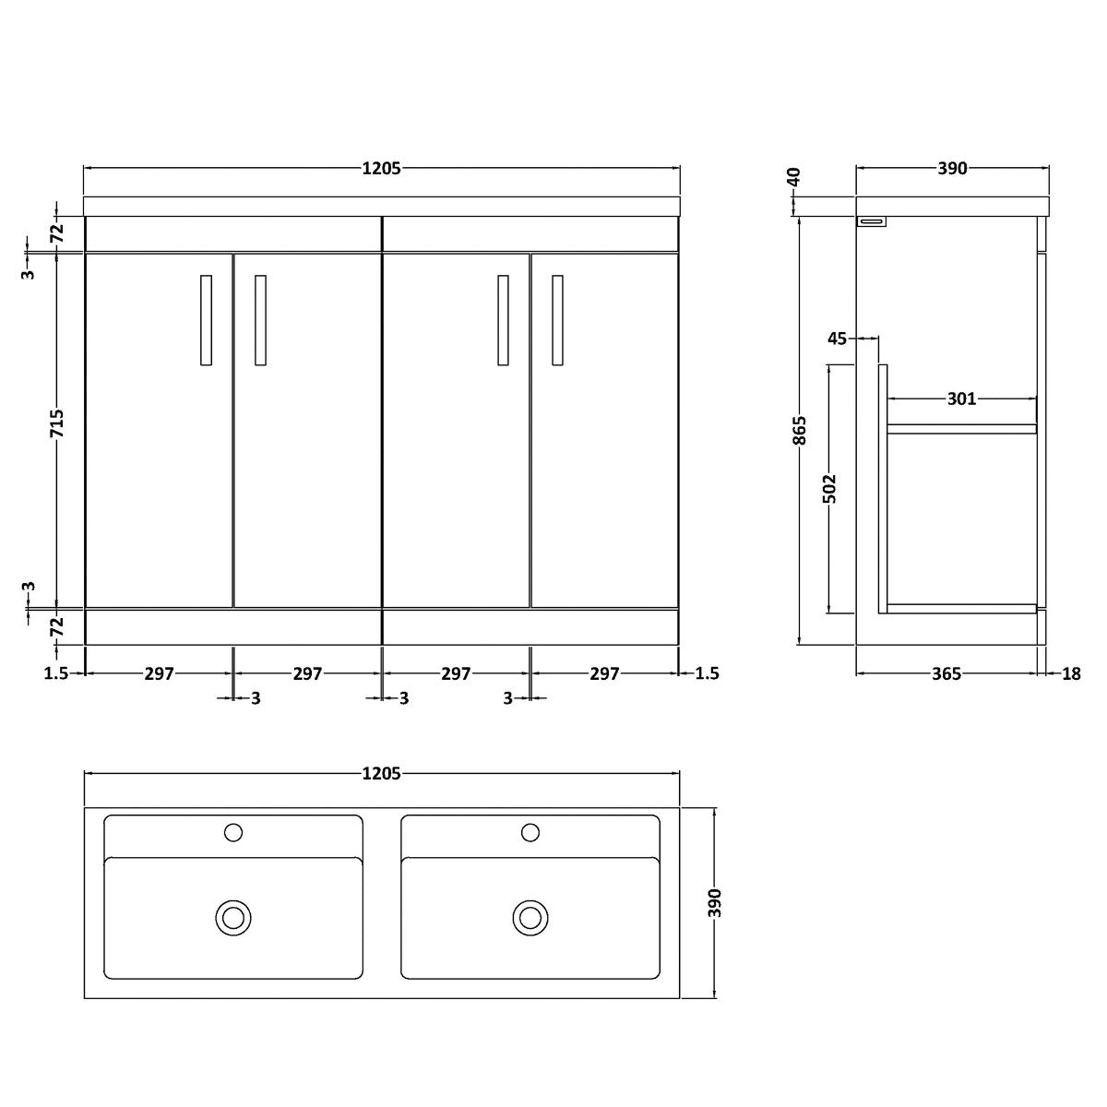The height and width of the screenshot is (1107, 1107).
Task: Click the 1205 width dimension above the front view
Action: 381,168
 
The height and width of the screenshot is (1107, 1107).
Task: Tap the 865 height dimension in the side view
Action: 800,430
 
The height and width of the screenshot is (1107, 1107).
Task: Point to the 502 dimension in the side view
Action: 829,488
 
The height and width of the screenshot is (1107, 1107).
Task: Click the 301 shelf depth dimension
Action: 961,399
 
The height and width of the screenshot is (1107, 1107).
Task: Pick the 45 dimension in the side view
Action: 837,339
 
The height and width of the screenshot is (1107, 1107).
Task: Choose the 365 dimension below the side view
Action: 946,673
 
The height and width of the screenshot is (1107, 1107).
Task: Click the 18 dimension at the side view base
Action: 1071,673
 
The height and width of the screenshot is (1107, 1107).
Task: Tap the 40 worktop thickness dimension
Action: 794,177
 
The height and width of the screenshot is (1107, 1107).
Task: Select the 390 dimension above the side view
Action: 952,168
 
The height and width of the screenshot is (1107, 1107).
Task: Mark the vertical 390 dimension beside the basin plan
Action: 715,902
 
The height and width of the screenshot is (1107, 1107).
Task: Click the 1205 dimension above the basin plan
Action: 381,773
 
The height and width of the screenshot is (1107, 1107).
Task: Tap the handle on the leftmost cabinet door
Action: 207,320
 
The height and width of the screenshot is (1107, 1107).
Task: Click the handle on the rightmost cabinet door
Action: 557,320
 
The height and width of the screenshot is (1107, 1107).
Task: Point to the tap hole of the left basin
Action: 233,832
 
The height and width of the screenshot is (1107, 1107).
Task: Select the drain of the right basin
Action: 530,918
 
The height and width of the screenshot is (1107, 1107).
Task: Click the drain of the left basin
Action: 233,918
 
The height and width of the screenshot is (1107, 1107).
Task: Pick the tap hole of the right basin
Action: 530,832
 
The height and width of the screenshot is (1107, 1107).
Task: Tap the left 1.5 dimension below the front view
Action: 56,673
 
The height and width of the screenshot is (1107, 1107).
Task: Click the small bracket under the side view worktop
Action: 872,221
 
